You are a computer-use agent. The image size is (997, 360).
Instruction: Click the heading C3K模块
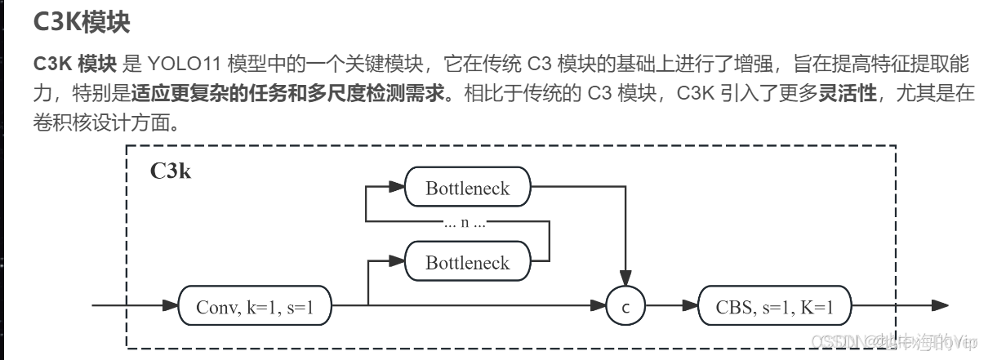click(81, 22)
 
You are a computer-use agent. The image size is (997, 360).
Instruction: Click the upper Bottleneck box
click(467, 188)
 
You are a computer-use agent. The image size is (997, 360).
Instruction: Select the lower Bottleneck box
click(467, 262)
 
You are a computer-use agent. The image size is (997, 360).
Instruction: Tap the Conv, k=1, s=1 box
click(255, 307)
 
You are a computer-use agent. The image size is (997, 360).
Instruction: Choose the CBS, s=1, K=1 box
click(774, 307)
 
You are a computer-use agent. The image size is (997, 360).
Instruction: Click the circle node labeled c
click(625, 308)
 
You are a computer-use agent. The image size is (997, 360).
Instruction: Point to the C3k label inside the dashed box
click(171, 171)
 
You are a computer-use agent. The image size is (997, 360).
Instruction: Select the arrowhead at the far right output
click(940, 306)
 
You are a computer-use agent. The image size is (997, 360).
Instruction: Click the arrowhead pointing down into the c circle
click(625, 280)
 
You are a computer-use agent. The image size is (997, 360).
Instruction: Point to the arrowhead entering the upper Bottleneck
click(397, 187)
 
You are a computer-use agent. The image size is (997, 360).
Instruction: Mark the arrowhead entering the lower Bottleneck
click(397, 261)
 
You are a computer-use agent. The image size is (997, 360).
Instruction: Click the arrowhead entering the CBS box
click(691, 307)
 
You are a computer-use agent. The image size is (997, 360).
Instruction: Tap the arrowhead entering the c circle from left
click(599, 307)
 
